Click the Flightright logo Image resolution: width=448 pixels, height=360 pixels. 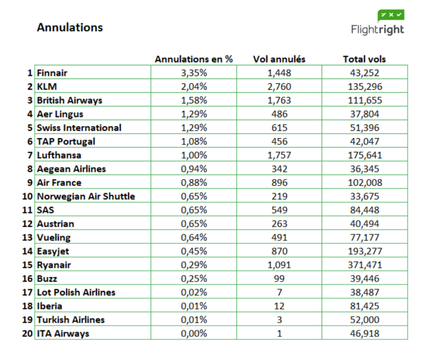point(377,22)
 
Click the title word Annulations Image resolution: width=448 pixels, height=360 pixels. point(70,27)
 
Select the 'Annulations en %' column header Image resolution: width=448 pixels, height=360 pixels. point(193,59)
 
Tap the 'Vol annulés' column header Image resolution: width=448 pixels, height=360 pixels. point(279,59)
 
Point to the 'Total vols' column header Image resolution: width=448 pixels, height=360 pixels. point(364,59)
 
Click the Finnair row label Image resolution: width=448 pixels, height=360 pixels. point(52,73)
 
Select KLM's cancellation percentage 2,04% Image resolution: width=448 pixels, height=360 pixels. point(193,87)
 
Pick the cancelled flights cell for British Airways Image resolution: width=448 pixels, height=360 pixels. point(279,100)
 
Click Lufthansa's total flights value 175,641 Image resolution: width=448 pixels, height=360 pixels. point(365,155)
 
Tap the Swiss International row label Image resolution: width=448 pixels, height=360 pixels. point(79,127)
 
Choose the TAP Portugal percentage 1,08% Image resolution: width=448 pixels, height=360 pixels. point(193,141)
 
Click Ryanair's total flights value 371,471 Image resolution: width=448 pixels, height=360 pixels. point(365,265)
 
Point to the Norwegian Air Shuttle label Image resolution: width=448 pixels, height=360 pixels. point(86,196)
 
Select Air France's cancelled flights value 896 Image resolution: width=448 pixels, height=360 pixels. point(279,183)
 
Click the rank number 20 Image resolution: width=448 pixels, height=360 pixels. point(27,333)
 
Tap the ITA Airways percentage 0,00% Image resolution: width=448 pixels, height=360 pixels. point(193,333)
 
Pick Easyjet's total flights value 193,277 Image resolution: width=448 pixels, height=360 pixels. point(365,251)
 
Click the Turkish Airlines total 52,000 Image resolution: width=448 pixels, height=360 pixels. point(365,320)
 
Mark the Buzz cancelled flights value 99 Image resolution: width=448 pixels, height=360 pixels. point(279,279)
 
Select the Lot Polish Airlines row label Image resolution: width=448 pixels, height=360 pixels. point(76,292)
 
